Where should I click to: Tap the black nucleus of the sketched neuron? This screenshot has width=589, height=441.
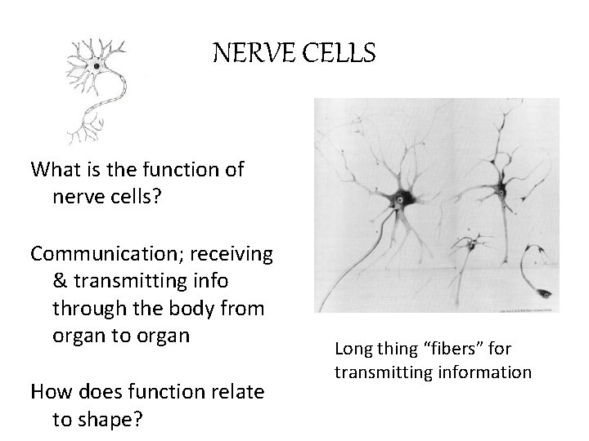(x=97, y=65)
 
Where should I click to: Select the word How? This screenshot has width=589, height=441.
(x=50, y=392)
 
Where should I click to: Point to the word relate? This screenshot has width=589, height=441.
(x=235, y=392)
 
